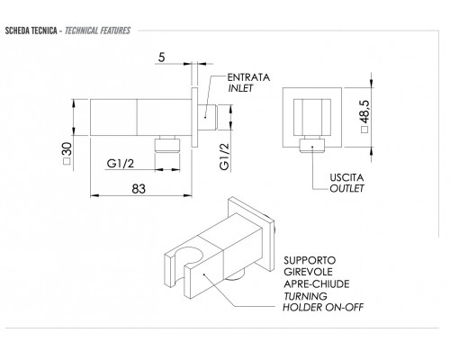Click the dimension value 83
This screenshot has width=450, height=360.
pos(139,189)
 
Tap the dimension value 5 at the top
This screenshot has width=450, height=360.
pos(162,57)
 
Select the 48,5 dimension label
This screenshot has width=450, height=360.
pos(364,112)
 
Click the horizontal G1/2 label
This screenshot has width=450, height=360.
pos(121,164)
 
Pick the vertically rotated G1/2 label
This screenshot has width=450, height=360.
pos(224,156)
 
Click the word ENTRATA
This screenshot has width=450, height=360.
pos(248,77)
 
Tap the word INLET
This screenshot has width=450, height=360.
pos(240,88)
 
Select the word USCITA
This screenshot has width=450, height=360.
pos(346,177)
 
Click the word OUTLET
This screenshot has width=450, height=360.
pos(346,188)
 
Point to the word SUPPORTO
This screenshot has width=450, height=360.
pos(310,260)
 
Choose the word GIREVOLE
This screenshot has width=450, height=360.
pos(308,272)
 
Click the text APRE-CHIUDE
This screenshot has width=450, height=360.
pos(317,283)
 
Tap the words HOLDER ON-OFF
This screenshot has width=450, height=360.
pos(323,307)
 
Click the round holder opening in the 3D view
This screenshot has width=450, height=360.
pos(189,256)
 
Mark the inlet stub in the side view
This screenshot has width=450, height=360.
pos(208,117)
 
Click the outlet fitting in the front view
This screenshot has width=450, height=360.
pos(312,145)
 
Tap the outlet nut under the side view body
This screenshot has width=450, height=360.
pos(167,145)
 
